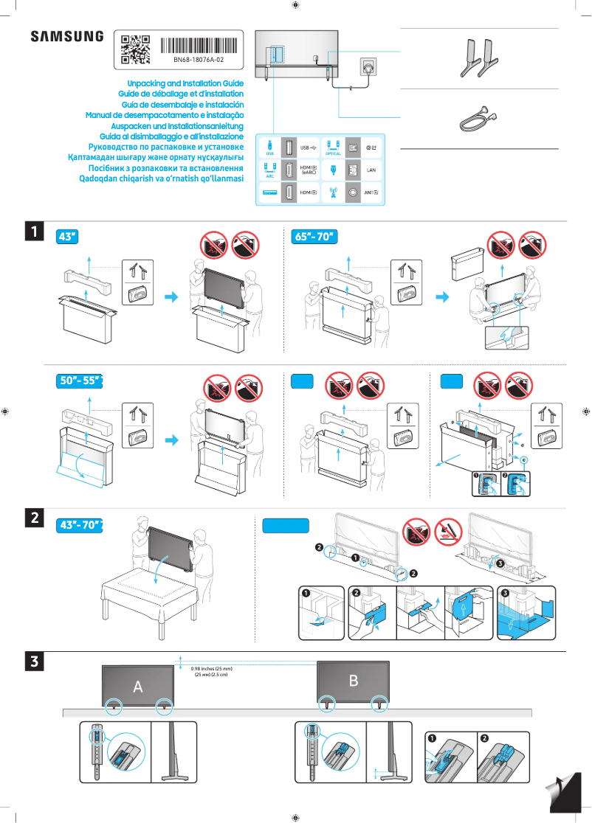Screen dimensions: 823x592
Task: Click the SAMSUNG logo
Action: (x=66, y=36)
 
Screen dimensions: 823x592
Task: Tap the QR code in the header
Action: (x=135, y=49)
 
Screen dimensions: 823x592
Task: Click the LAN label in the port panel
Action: (x=372, y=170)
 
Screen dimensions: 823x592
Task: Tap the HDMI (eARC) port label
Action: (x=309, y=170)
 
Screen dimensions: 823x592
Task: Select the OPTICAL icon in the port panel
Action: (x=332, y=147)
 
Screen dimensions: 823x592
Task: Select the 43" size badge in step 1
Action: (x=67, y=237)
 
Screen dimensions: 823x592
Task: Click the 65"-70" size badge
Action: (x=315, y=237)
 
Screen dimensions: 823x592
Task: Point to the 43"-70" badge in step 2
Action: (x=80, y=525)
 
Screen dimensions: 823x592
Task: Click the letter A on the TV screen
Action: (x=138, y=687)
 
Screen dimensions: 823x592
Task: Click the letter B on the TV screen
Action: (x=353, y=681)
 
